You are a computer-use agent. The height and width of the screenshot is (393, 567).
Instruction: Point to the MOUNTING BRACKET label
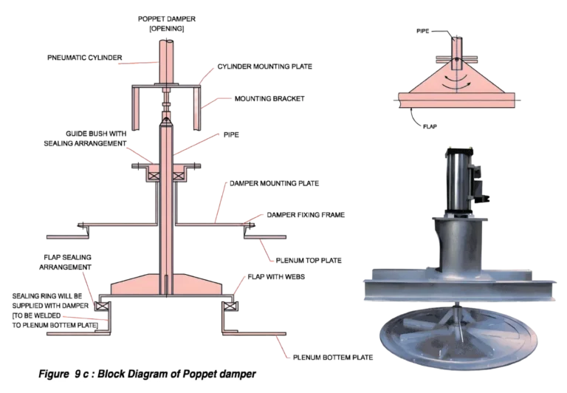(259, 98)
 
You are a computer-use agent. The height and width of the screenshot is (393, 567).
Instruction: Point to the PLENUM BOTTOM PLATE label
(328, 358)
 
